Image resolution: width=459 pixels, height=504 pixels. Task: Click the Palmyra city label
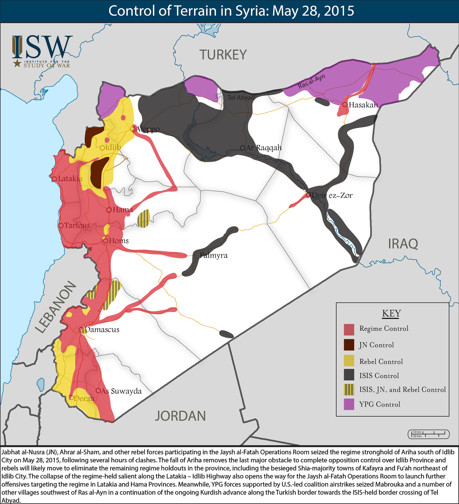click(x=214, y=255)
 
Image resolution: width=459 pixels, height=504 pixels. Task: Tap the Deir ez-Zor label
click(x=332, y=195)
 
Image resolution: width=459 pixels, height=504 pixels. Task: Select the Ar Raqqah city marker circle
click(x=242, y=148)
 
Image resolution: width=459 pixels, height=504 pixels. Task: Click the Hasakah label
click(x=363, y=105)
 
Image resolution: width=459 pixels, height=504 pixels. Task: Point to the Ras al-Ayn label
click(x=311, y=82)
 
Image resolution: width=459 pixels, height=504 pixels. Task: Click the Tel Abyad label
click(x=241, y=98)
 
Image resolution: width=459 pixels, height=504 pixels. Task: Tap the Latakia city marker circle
click(x=54, y=179)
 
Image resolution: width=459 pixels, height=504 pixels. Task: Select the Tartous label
click(x=77, y=226)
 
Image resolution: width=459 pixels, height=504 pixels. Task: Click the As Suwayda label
click(x=121, y=391)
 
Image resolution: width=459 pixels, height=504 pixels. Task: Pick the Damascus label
click(x=102, y=330)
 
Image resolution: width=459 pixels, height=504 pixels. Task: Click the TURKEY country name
click(x=223, y=55)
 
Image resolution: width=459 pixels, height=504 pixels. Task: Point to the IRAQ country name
click(x=403, y=244)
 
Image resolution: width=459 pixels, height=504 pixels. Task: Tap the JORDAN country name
click(x=180, y=416)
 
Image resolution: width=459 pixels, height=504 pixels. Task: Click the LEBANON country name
click(x=55, y=307)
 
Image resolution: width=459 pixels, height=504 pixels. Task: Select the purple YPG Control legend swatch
click(x=349, y=404)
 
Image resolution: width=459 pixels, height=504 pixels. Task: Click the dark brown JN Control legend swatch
click(x=349, y=345)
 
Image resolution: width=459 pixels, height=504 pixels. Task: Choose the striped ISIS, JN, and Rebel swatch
click(x=349, y=390)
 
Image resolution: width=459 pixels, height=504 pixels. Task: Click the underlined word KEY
click(x=392, y=313)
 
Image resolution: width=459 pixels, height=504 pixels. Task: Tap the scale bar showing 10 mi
click(x=428, y=434)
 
